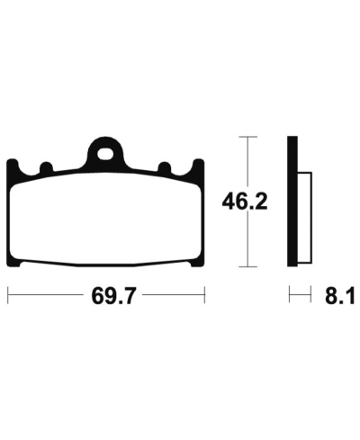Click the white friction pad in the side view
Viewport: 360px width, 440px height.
click(302, 216)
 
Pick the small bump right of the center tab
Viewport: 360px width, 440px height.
click(164, 167)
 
